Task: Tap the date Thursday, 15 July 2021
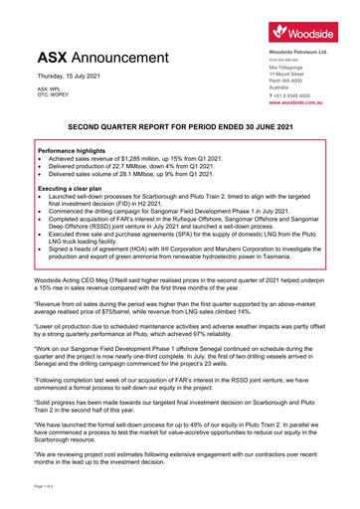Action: (x=71, y=76)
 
